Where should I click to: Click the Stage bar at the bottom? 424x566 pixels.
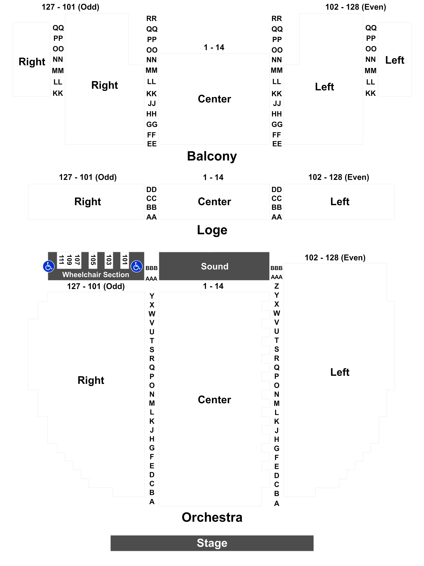212,543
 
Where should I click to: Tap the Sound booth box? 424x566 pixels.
214,266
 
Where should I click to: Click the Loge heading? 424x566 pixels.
212,230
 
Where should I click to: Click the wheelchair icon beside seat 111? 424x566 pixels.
49,266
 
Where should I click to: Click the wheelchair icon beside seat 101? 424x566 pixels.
136,266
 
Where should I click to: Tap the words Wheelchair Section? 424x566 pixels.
96,275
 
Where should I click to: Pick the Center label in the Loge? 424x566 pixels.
214,202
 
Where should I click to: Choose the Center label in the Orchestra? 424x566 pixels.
214,400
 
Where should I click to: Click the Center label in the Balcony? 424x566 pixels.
214,99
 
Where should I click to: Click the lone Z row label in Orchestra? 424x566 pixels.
277,286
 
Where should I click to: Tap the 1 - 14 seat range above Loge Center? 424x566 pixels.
213,177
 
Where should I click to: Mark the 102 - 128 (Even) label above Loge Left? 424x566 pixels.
339,177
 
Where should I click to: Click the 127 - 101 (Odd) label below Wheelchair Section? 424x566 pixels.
96,286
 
